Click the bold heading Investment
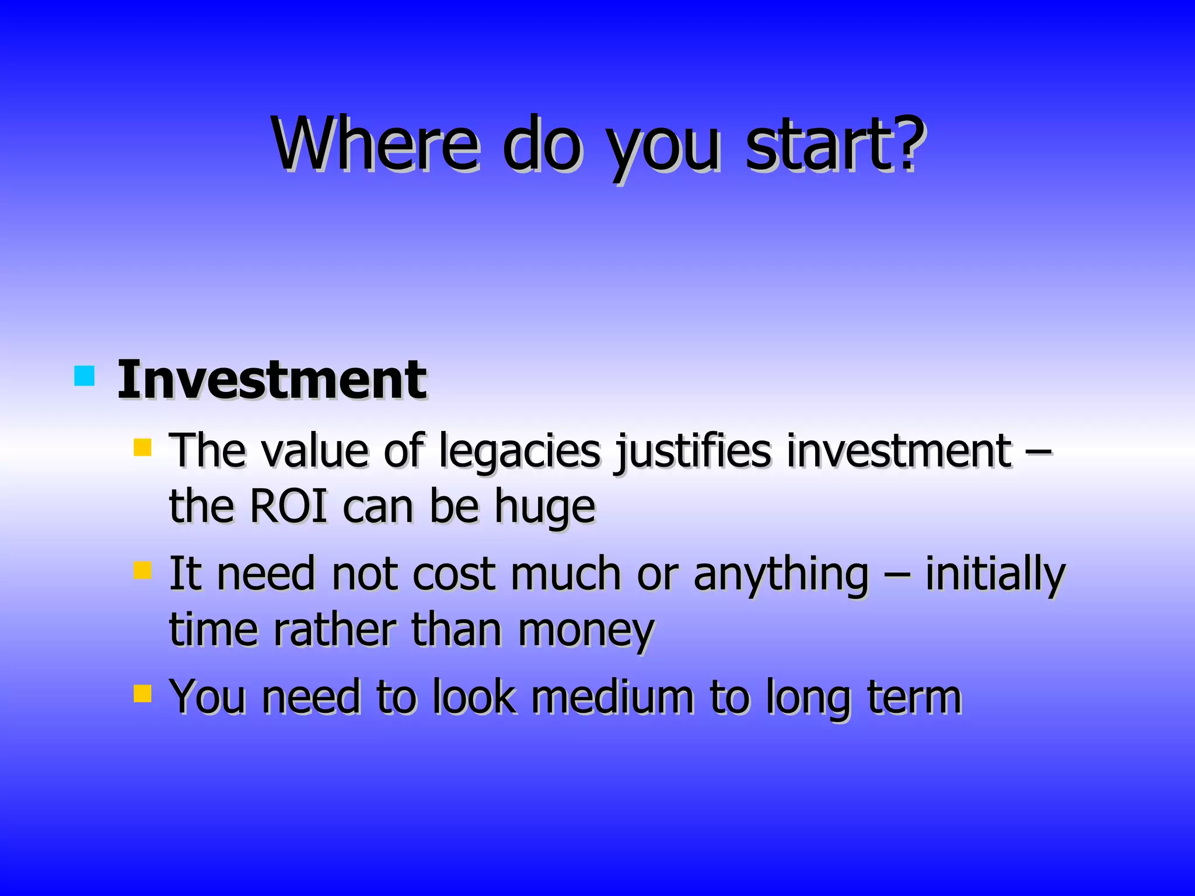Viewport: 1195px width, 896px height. (272, 380)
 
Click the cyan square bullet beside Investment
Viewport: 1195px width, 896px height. (85, 376)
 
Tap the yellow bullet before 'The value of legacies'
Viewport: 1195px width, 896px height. (142, 447)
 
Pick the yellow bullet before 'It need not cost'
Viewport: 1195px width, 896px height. (142, 570)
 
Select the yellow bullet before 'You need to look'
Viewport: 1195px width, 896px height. (142, 694)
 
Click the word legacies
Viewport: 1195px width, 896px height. (519, 452)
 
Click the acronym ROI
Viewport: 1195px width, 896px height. (288, 506)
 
